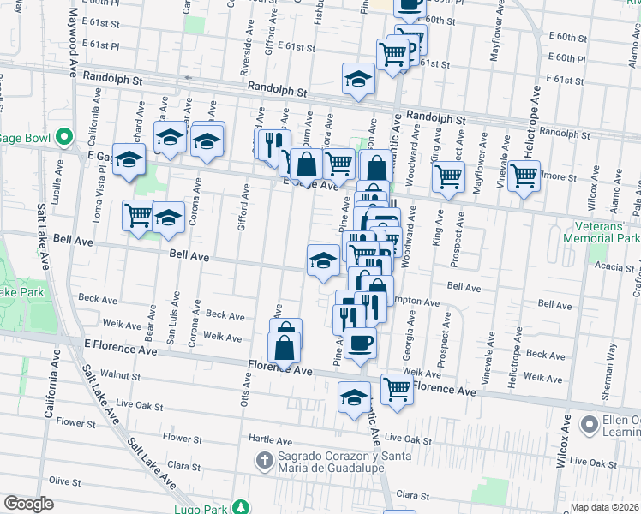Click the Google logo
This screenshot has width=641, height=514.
tap(28, 504)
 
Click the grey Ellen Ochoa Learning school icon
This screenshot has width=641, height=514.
tap(589, 424)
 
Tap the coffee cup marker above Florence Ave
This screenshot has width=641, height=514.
tap(360, 344)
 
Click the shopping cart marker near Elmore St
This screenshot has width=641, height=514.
tap(524, 176)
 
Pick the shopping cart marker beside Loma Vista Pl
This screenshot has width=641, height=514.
tap(138, 215)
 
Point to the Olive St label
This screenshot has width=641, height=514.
tap(64, 481)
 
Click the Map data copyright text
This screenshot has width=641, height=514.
tap(605, 507)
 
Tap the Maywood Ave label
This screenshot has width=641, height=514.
tap(75, 43)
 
